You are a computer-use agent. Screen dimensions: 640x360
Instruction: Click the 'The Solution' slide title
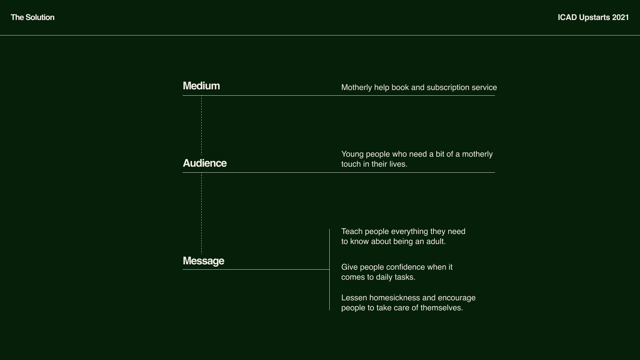(32, 17)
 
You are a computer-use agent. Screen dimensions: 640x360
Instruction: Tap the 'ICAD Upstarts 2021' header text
(593, 17)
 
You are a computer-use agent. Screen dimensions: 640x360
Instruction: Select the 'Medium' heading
(201, 86)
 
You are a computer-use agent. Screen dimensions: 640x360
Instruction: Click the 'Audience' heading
(205, 163)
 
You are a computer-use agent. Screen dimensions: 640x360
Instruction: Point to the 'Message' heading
(203, 261)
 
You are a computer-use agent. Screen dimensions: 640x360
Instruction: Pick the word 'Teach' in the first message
(352, 231)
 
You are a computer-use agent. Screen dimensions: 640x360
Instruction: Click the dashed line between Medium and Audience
(201, 125)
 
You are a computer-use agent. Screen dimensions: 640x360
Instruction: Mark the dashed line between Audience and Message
(201, 213)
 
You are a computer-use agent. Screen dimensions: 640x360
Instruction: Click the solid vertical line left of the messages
(329, 270)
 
